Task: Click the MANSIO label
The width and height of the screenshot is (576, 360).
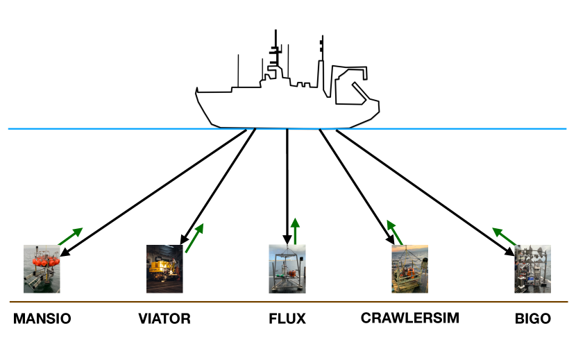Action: pyautogui.click(x=42, y=319)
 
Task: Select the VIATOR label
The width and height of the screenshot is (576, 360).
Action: pyautogui.click(x=164, y=319)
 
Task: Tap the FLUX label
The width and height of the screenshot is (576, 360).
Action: pyautogui.click(x=287, y=319)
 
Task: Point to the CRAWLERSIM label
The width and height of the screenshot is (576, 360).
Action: pyautogui.click(x=409, y=318)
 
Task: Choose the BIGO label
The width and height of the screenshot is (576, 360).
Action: pyautogui.click(x=533, y=319)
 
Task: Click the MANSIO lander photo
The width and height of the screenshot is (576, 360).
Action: pyautogui.click(x=42, y=268)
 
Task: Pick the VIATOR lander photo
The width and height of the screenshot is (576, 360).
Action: pyautogui.click(x=164, y=268)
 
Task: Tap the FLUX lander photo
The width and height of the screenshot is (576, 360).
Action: pyautogui.click(x=287, y=268)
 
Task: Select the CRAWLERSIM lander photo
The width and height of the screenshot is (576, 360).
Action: pyautogui.click(x=409, y=268)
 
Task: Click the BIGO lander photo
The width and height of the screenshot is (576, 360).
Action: pyautogui.click(x=532, y=268)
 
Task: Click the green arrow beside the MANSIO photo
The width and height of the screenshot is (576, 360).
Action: pyautogui.click(x=70, y=236)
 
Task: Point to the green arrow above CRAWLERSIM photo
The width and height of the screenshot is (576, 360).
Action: pyautogui.click(x=395, y=234)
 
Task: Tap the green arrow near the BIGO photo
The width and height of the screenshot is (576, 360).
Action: pyautogui.click(x=505, y=236)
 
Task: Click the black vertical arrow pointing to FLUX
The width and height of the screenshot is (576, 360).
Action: pyautogui.click(x=287, y=187)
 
